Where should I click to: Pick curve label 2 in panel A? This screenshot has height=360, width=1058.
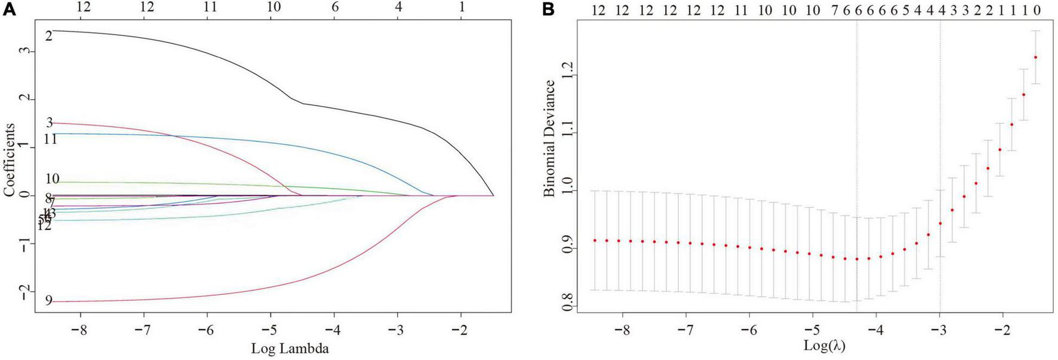[x=49, y=36]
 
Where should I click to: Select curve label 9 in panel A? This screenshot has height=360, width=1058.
[x=49, y=301]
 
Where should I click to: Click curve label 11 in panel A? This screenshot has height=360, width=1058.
[x=50, y=140]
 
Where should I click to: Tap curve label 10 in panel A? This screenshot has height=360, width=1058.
[x=52, y=179]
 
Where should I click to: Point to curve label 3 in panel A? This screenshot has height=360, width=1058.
[x=50, y=123]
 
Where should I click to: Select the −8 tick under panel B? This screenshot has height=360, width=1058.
[x=622, y=330]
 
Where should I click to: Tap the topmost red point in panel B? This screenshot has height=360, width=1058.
[x=1036, y=57]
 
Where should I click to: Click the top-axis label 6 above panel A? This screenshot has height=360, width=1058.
[x=334, y=7]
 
